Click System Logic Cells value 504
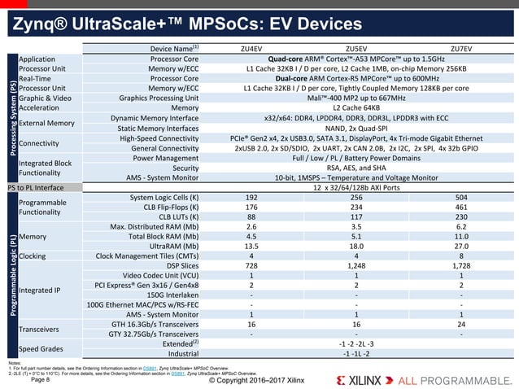(461, 197)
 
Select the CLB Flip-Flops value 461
(461, 207)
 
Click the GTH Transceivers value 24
(461, 324)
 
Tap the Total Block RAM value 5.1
(356, 236)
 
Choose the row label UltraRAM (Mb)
(170, 246)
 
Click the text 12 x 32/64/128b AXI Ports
(356, 187)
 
